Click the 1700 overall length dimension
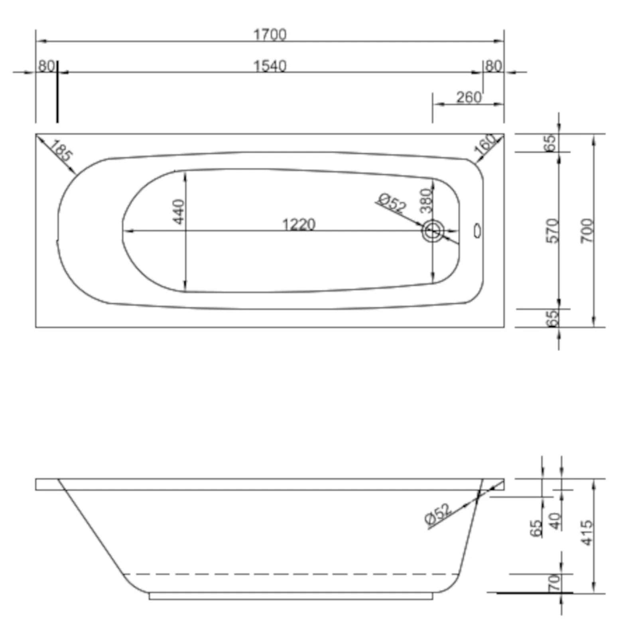270,35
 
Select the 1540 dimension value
270,66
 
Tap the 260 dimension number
469,97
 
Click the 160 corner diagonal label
485,144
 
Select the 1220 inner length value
299,224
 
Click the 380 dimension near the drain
426,200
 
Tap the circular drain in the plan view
433,231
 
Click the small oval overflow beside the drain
477,231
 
